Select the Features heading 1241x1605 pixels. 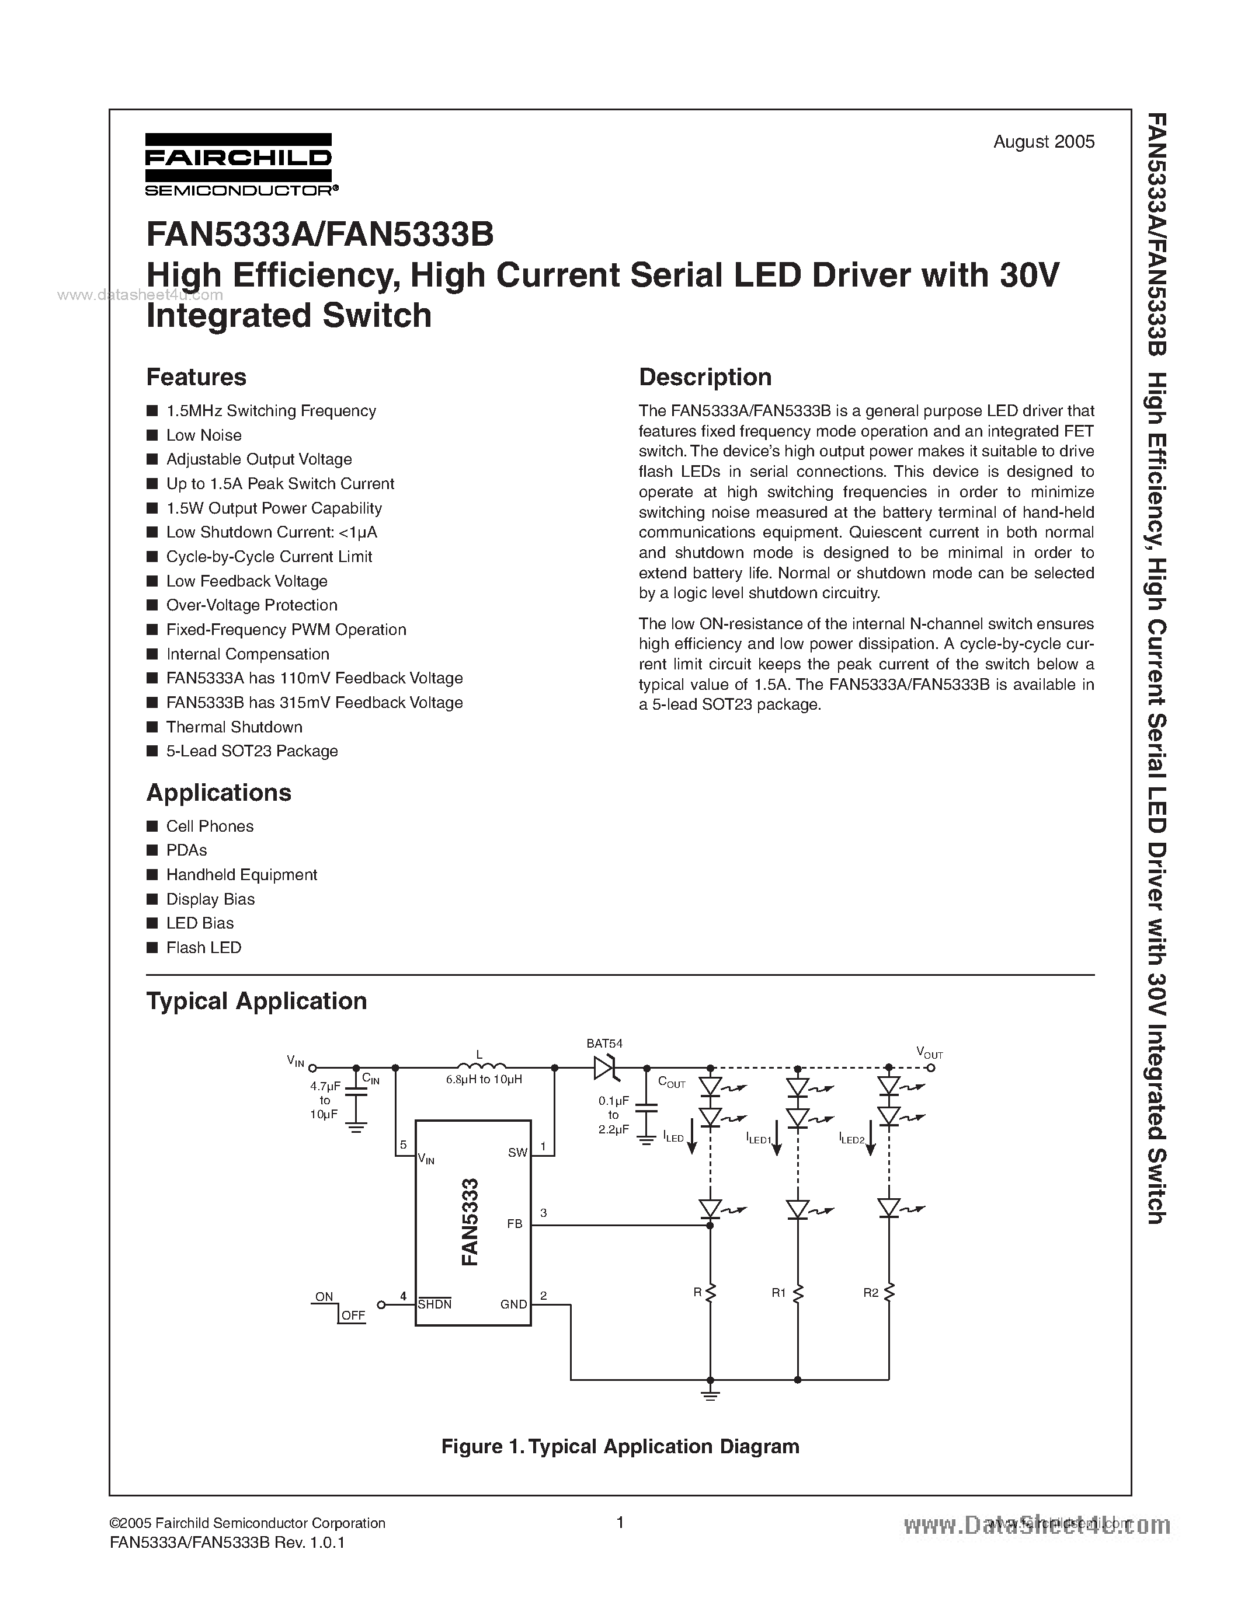[196, 377]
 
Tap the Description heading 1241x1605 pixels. [704, 377]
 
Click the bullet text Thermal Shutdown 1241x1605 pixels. [234, 727]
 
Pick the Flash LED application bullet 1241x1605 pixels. [204, 947]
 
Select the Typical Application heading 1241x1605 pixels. [256, 1001]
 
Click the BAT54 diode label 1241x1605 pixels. [604, 1043]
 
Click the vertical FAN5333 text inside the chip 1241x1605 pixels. [471, 1222]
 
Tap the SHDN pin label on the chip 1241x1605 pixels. [434, 1304]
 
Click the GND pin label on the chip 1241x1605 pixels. [513, 1304]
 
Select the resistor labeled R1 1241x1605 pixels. [798, 1293]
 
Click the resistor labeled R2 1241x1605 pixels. [889, 1293]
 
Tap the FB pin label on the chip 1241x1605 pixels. [515, 1223]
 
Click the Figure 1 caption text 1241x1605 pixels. [620, 1446]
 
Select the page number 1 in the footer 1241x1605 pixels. [620, 1522]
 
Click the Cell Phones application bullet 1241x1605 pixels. [210, 826]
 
